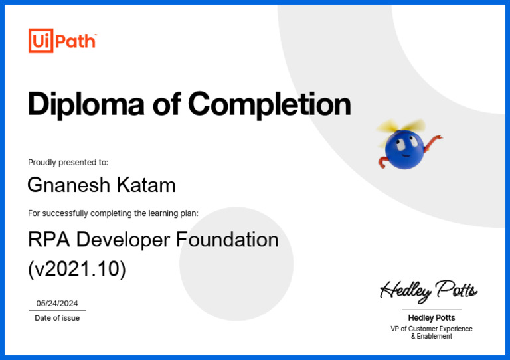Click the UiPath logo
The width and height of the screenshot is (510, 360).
click(x=62, y=41)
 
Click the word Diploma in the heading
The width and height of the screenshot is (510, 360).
click(x=86, y=104)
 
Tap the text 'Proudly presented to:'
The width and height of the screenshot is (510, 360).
click(x=68, y=162)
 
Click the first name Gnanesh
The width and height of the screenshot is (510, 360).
click(x=69, y=185)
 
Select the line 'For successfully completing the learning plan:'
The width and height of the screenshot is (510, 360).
click(x=113, y=213)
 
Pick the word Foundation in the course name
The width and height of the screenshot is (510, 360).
click(x=228, y=239)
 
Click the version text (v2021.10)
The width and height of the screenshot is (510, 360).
click(x=76, y=269)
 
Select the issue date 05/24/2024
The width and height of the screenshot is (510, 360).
click(x=57, y=303)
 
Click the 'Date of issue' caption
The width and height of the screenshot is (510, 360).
click(x=57, y=318)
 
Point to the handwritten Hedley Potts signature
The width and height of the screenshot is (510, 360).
click(x=428, y=290)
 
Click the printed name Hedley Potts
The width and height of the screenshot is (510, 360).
click(x=431, y=318)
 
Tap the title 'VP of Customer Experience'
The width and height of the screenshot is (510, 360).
click(x=431, y=329)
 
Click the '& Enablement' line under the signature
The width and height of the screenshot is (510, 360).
click(x=431, y=337)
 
